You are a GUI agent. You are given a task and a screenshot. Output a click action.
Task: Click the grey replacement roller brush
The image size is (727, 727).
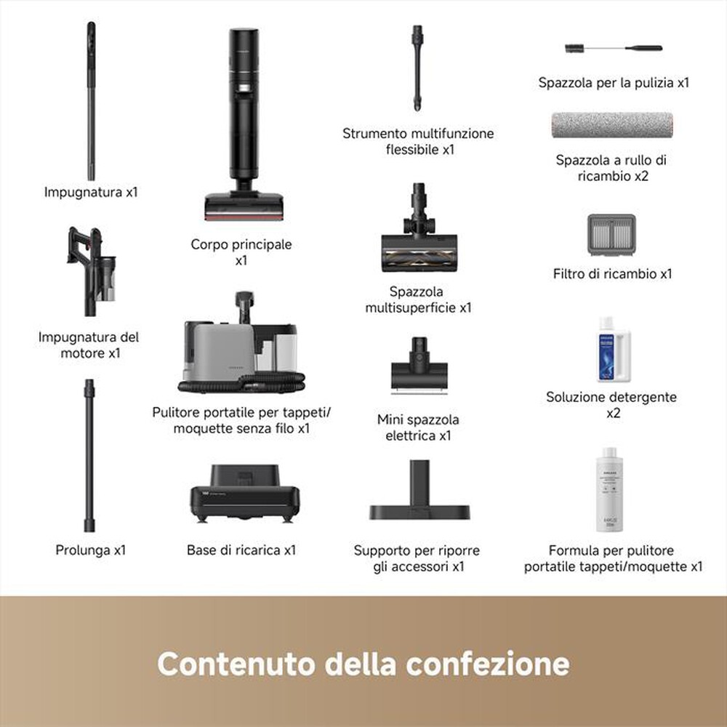click(x=611, y=126)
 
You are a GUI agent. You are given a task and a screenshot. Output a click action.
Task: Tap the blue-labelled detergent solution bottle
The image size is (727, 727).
click(x=613, y=348)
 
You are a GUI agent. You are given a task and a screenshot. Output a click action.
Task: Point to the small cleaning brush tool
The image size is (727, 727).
click(x=613, y=49)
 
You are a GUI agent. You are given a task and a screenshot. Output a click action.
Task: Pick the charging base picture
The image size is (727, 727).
click(x=245, y=495)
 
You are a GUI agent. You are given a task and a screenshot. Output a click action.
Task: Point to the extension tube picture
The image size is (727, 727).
click(x=89, y=455)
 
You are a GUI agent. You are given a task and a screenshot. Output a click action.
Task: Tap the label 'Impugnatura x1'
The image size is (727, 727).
click(x=91, y=193)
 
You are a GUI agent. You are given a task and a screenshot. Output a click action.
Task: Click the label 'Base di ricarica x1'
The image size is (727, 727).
click(x=241, y=550)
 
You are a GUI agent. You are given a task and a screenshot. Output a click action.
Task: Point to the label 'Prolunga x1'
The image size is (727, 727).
click(x=91, y=550)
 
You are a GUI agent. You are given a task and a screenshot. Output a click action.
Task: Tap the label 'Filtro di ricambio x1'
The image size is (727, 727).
click(x=612, y=274)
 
